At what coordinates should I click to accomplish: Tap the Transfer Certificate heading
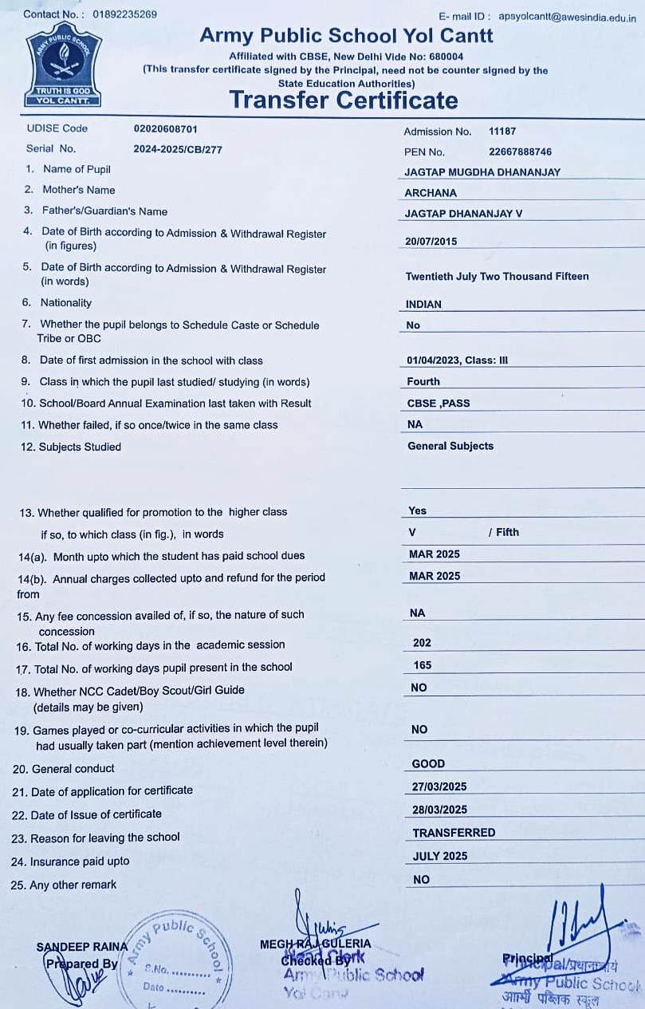tap(344, 100)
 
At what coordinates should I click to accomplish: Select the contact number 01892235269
tap(125, 14)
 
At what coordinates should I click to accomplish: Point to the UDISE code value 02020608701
tap(166, 128)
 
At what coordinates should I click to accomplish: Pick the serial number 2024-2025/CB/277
tap(178, 149)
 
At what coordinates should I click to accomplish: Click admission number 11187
tap(502, 132)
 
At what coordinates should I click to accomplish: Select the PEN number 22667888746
tap(520, 152)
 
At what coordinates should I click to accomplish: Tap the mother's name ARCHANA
tap(431, 192)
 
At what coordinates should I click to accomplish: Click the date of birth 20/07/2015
tap(431, 241)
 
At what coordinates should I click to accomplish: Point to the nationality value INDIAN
tap(423, 304)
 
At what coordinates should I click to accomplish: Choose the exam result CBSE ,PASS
tap(439, 403)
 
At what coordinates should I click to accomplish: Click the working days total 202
tap(422, 642)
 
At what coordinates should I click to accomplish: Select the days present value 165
tap(422, 664)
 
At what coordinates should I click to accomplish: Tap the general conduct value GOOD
tap(428, 763)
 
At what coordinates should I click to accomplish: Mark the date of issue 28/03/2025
tap(439, 810)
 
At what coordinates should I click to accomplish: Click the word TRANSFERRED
tap(454, 832)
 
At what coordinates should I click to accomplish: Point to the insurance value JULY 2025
tap(440, 856)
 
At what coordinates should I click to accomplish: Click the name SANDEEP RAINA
tap(81, 947)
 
